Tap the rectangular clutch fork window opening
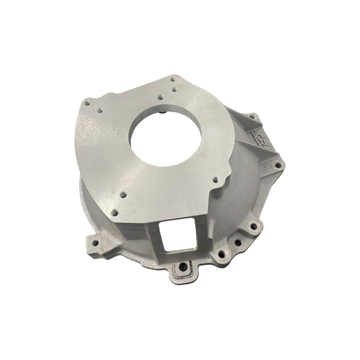(175, 235)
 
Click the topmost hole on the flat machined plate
(172, 81)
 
